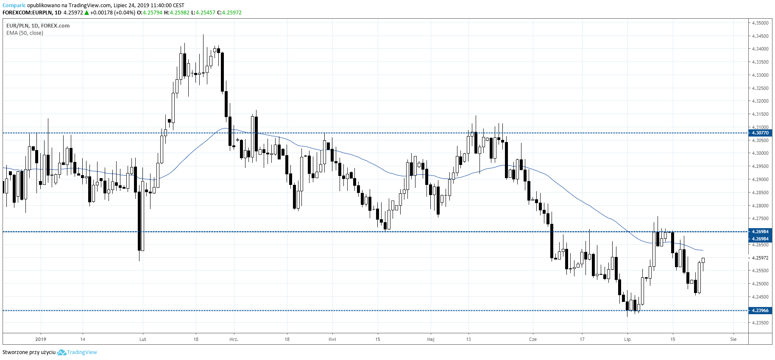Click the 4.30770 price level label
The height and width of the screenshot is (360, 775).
(760, 133)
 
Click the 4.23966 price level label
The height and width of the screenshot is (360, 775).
(760, 310)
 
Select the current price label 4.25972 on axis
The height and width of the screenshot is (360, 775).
(760, 258)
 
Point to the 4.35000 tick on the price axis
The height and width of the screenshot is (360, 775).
(760, 23)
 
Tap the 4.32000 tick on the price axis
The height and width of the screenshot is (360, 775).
(760, 101)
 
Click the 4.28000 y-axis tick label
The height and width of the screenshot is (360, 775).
(760, 206)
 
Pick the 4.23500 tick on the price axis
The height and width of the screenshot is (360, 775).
(760, 323)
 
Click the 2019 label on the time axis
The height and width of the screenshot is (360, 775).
(41, 339)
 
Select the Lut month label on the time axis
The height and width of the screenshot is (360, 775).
(142, 339)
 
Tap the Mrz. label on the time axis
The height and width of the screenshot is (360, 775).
(234, 339)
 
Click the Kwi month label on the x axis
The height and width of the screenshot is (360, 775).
(332, 339)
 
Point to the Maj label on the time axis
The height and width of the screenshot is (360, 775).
(431, 339)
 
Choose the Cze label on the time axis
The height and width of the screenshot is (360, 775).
(533, 339)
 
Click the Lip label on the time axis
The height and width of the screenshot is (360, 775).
(627, 339)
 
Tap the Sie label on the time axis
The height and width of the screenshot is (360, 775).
(733, 339)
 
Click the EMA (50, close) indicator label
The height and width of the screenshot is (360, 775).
(25, 33)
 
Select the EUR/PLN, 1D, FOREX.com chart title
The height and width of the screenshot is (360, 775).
(38, 26)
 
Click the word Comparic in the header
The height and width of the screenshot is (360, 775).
(14, 6)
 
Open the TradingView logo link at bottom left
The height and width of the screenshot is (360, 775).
(77, 352)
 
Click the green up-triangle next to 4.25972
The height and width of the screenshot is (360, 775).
(87, 13)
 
